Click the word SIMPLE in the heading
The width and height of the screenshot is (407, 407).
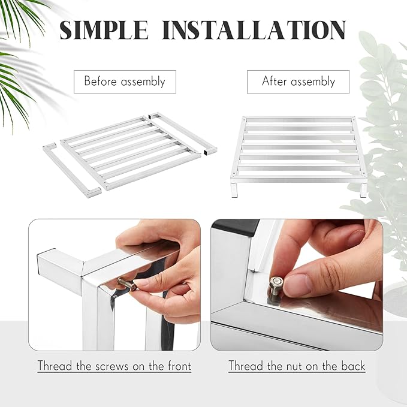pos(104,30)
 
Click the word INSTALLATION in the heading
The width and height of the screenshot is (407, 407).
pos(254,30)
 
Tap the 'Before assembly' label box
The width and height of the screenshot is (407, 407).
pos(125,82)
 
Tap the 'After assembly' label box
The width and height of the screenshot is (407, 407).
pos(298,82)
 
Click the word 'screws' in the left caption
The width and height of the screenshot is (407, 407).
pos(112,366)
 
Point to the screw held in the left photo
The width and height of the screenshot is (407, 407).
pos(127,284)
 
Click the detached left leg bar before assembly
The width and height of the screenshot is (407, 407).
pos(72,170)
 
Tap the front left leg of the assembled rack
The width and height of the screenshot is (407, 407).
pos(234,190)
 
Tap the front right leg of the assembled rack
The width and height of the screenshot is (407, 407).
pos(363,190)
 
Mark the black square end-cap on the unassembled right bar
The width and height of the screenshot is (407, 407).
pos(206,152)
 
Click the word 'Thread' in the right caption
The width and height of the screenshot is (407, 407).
pos(246,366)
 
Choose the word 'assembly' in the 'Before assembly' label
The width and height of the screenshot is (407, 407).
pos(143,82)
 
